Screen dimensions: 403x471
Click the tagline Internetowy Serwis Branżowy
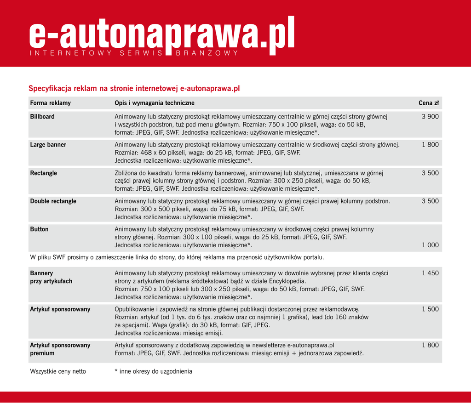point(134,53)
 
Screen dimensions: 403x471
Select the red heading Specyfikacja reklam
point(134,88)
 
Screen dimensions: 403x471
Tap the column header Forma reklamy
point(51,103)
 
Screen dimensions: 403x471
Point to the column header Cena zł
point(429,103)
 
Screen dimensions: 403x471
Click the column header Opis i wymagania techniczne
point(155,103)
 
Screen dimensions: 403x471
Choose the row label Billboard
point(42,117)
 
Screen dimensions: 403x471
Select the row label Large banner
point(48,145)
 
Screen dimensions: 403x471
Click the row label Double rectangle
point(53,201)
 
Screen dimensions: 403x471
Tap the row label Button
point(40,229)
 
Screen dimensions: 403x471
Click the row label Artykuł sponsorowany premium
point(60,349)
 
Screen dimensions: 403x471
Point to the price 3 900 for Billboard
point(430,117)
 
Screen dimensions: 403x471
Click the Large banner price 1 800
point(430,145)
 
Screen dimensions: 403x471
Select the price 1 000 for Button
point(430,245)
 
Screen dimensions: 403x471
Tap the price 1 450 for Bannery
point(430,273)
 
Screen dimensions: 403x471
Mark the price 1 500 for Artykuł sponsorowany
point(430,309)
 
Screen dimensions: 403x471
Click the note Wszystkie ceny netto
point(58,371)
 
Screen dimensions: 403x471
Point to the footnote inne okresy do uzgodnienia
point(154,371)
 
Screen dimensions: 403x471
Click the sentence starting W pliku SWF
point(177,257)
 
